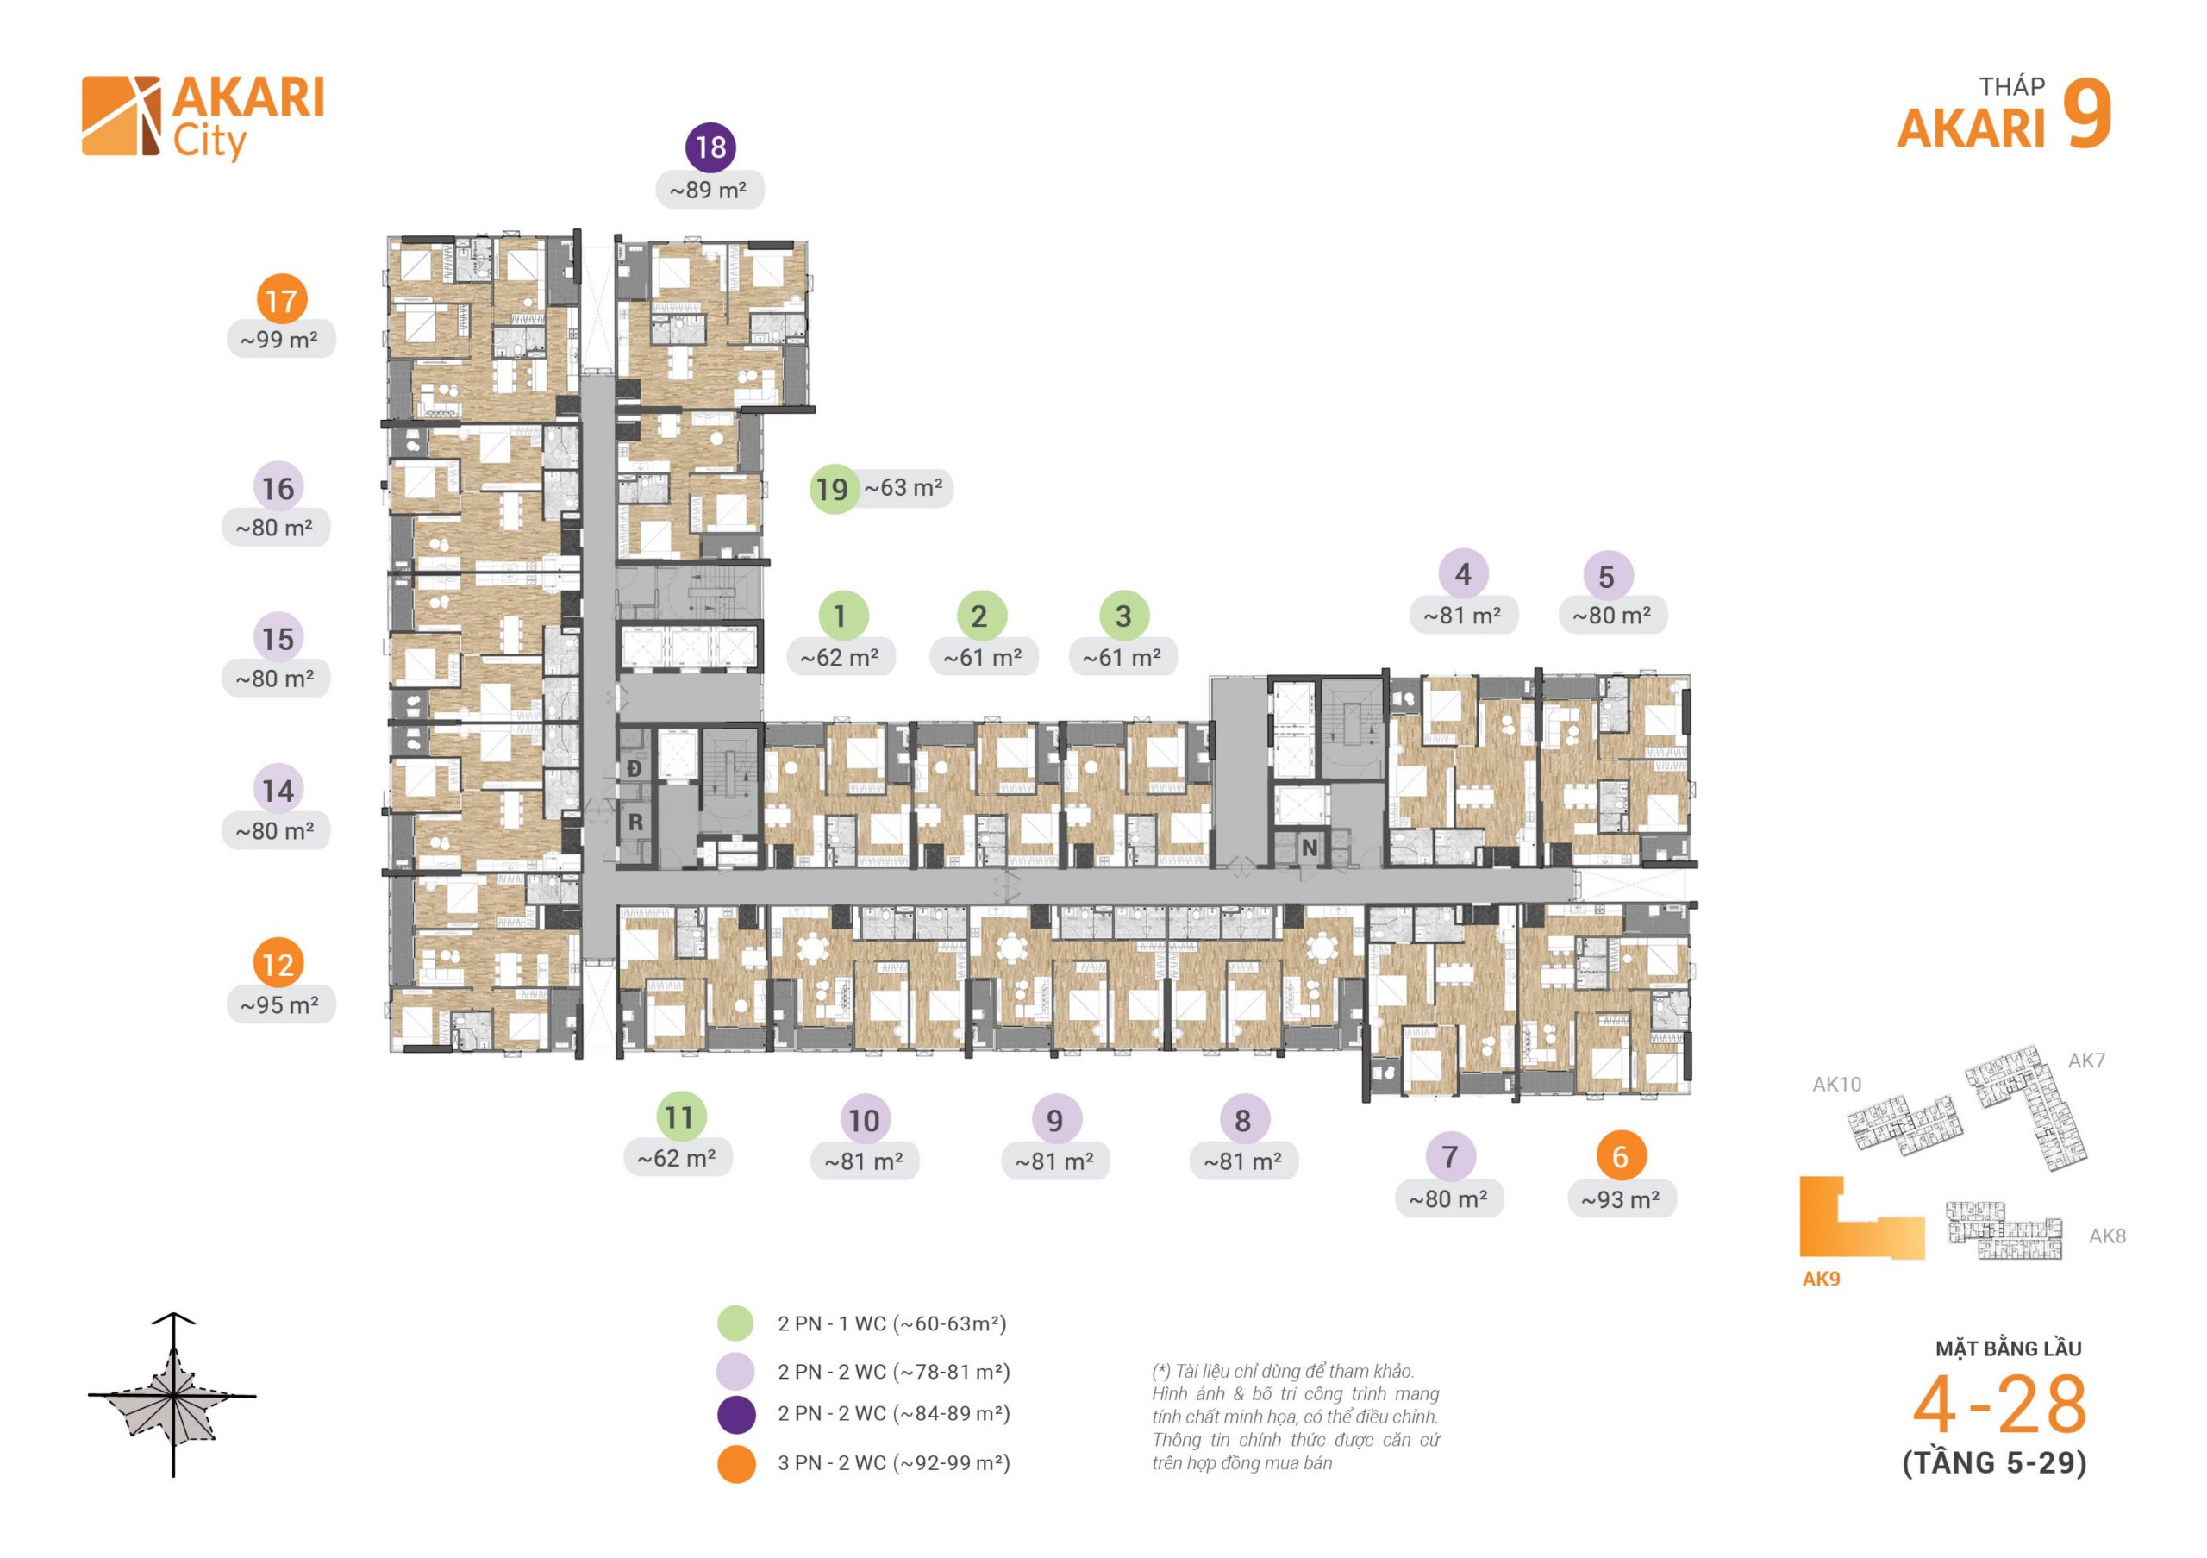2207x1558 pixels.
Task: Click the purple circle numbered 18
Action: click(x=710, y=147)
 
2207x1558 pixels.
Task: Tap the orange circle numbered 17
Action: click(x=281, y=300)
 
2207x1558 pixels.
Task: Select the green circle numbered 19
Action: click(x=833, y=488)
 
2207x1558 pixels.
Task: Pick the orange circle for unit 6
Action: click(x=1621, y=1156)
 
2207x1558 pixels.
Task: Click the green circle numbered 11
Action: click(x=679, y=1117)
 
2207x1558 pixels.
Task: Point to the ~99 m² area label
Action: click(x=281, y=340)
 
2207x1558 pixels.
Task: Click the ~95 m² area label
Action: click(x=281, y=1005)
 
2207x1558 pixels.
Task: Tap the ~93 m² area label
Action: click(x=1622, y=1199)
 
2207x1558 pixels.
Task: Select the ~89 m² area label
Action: click(x=710, y=191)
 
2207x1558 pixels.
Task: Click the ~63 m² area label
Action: click(x=903, y=487)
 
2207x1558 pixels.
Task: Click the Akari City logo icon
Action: click(x=121, y=116)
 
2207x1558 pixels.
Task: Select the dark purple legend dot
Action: click(x=736, y=1414)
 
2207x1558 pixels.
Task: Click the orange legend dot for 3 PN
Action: click(x=736, y=1464)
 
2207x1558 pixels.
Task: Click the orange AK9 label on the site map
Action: click(x=1821, y=1280)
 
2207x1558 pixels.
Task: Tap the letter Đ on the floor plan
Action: click(x=635, y=768)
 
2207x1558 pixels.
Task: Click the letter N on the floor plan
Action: click(x=1310, y=848)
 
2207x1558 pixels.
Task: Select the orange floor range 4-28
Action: click(x=1999, y=1405)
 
